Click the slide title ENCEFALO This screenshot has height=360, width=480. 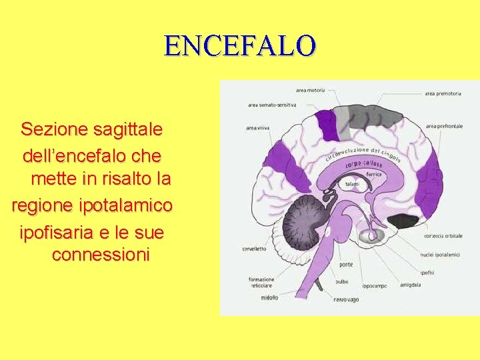pos(240,45)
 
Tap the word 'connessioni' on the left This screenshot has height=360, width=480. pos(101,255)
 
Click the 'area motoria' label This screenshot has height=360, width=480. pos(311,89)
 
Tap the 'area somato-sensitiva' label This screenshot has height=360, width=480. pos(271,105)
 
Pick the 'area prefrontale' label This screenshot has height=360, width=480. pos(443,126)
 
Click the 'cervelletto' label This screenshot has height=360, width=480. pos(254,249)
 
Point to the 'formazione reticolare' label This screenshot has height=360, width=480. pos(261,282)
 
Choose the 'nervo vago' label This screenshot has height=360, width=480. pos(346,300)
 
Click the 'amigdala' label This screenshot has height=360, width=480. pos(410,285)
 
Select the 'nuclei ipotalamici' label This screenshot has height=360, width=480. pos(441,254)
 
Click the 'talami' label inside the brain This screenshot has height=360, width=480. pos(353,183)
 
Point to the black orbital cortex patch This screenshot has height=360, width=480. pos(403,221)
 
